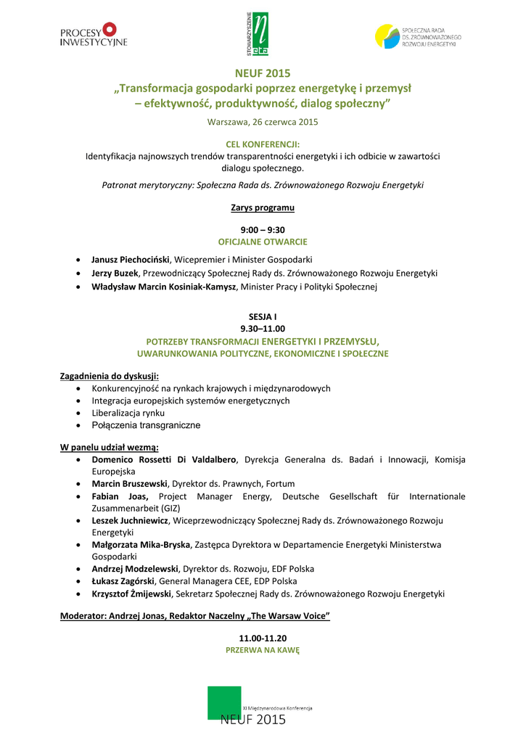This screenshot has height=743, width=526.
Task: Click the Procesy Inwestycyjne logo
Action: coord(93,34)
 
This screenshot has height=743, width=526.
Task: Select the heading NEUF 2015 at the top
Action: coord(263,73)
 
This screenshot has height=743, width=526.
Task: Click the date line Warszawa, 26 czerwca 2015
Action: coord(263,122)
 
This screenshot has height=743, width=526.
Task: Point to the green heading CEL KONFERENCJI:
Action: coord(263,144)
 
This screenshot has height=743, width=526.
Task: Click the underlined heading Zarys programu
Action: coord(263,208)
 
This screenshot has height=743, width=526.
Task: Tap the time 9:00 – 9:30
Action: coord(263,230)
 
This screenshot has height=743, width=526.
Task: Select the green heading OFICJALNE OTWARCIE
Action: coord(263,242)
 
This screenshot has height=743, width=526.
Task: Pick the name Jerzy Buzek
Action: coord(115,273)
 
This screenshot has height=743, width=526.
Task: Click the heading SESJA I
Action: coord(263,317)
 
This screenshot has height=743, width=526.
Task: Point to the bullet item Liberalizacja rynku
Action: coord(128,413)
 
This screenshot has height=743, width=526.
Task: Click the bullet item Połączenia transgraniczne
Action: coord(146,425)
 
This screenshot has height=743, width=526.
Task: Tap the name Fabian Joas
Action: coord(120,496)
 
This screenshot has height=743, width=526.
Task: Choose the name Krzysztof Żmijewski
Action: coord(131,594)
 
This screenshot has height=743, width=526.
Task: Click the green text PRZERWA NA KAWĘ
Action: coord(263,651)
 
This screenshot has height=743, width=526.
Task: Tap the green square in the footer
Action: coord(224,702)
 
